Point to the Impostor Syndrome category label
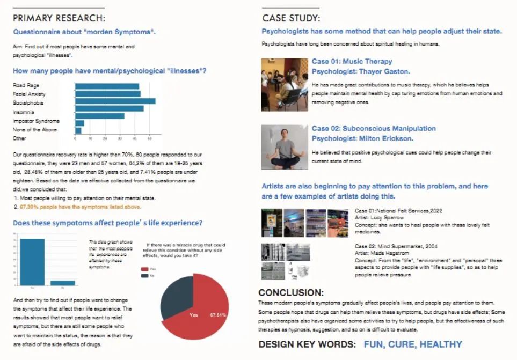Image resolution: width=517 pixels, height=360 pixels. [36, 121]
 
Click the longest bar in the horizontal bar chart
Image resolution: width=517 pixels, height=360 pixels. [115, 101]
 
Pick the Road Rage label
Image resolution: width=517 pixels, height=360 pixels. [26, 85]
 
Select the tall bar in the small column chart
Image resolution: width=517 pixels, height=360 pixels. [32, 261]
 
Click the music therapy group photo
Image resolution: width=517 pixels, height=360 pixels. [284, 84]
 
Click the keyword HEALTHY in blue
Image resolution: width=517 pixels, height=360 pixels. [441, 344]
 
